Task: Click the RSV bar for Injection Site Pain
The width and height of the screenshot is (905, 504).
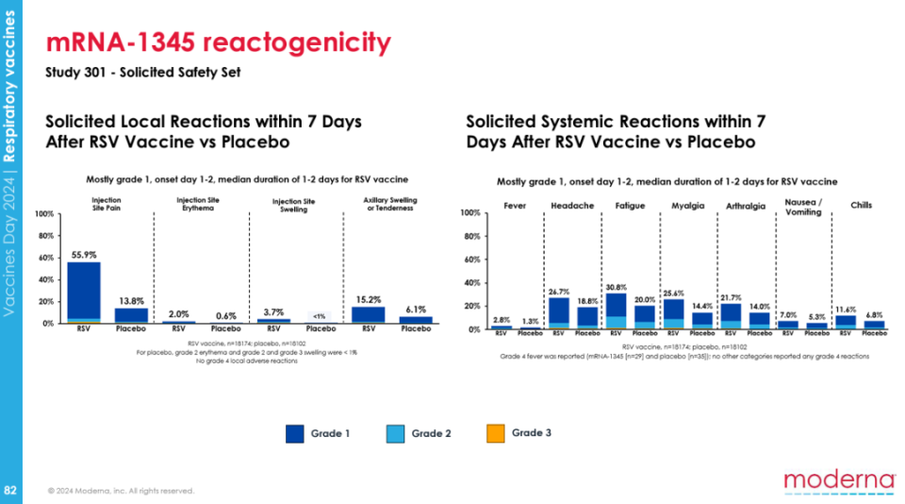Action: pyautogui.click(x=83, y=292)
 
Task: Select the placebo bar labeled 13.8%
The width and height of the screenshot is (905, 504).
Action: pyautogui.click(x=131, y=315)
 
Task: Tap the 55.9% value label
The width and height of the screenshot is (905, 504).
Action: pyautogui.click(x=83, y=255)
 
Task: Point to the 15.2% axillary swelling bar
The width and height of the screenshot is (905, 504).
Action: pyautogui.click(x=369, y=314)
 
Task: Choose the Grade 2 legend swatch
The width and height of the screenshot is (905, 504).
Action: pyautogui.click(x=395, y=433)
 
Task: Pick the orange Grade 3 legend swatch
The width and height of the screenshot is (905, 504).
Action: pyautogui.click(x=494, y=433)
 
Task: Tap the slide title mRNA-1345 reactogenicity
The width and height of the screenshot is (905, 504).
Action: pyautogui.click(x=218, y=42)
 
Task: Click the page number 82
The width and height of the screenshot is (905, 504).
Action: pyautogui.click(x=10, y=490)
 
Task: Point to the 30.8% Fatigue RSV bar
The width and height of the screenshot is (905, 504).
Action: pyautogui.click(x=616, y=311)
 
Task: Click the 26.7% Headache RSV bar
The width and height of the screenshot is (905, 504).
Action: pyautogui.click(x=559, y=313)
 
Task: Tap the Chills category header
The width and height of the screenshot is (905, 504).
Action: pyautogui.click(x=862, y=206)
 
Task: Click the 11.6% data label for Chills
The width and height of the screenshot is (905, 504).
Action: pyautogui.click(x=846, y=310)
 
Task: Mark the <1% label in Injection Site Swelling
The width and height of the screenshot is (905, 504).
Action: pyautogui.click(x=321, y=315)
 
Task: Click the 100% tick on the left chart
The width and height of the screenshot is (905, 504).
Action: pyautogui.click(x=44, y=213)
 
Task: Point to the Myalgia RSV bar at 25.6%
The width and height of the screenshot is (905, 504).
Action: pyautogui.click(x=673, y=313)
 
